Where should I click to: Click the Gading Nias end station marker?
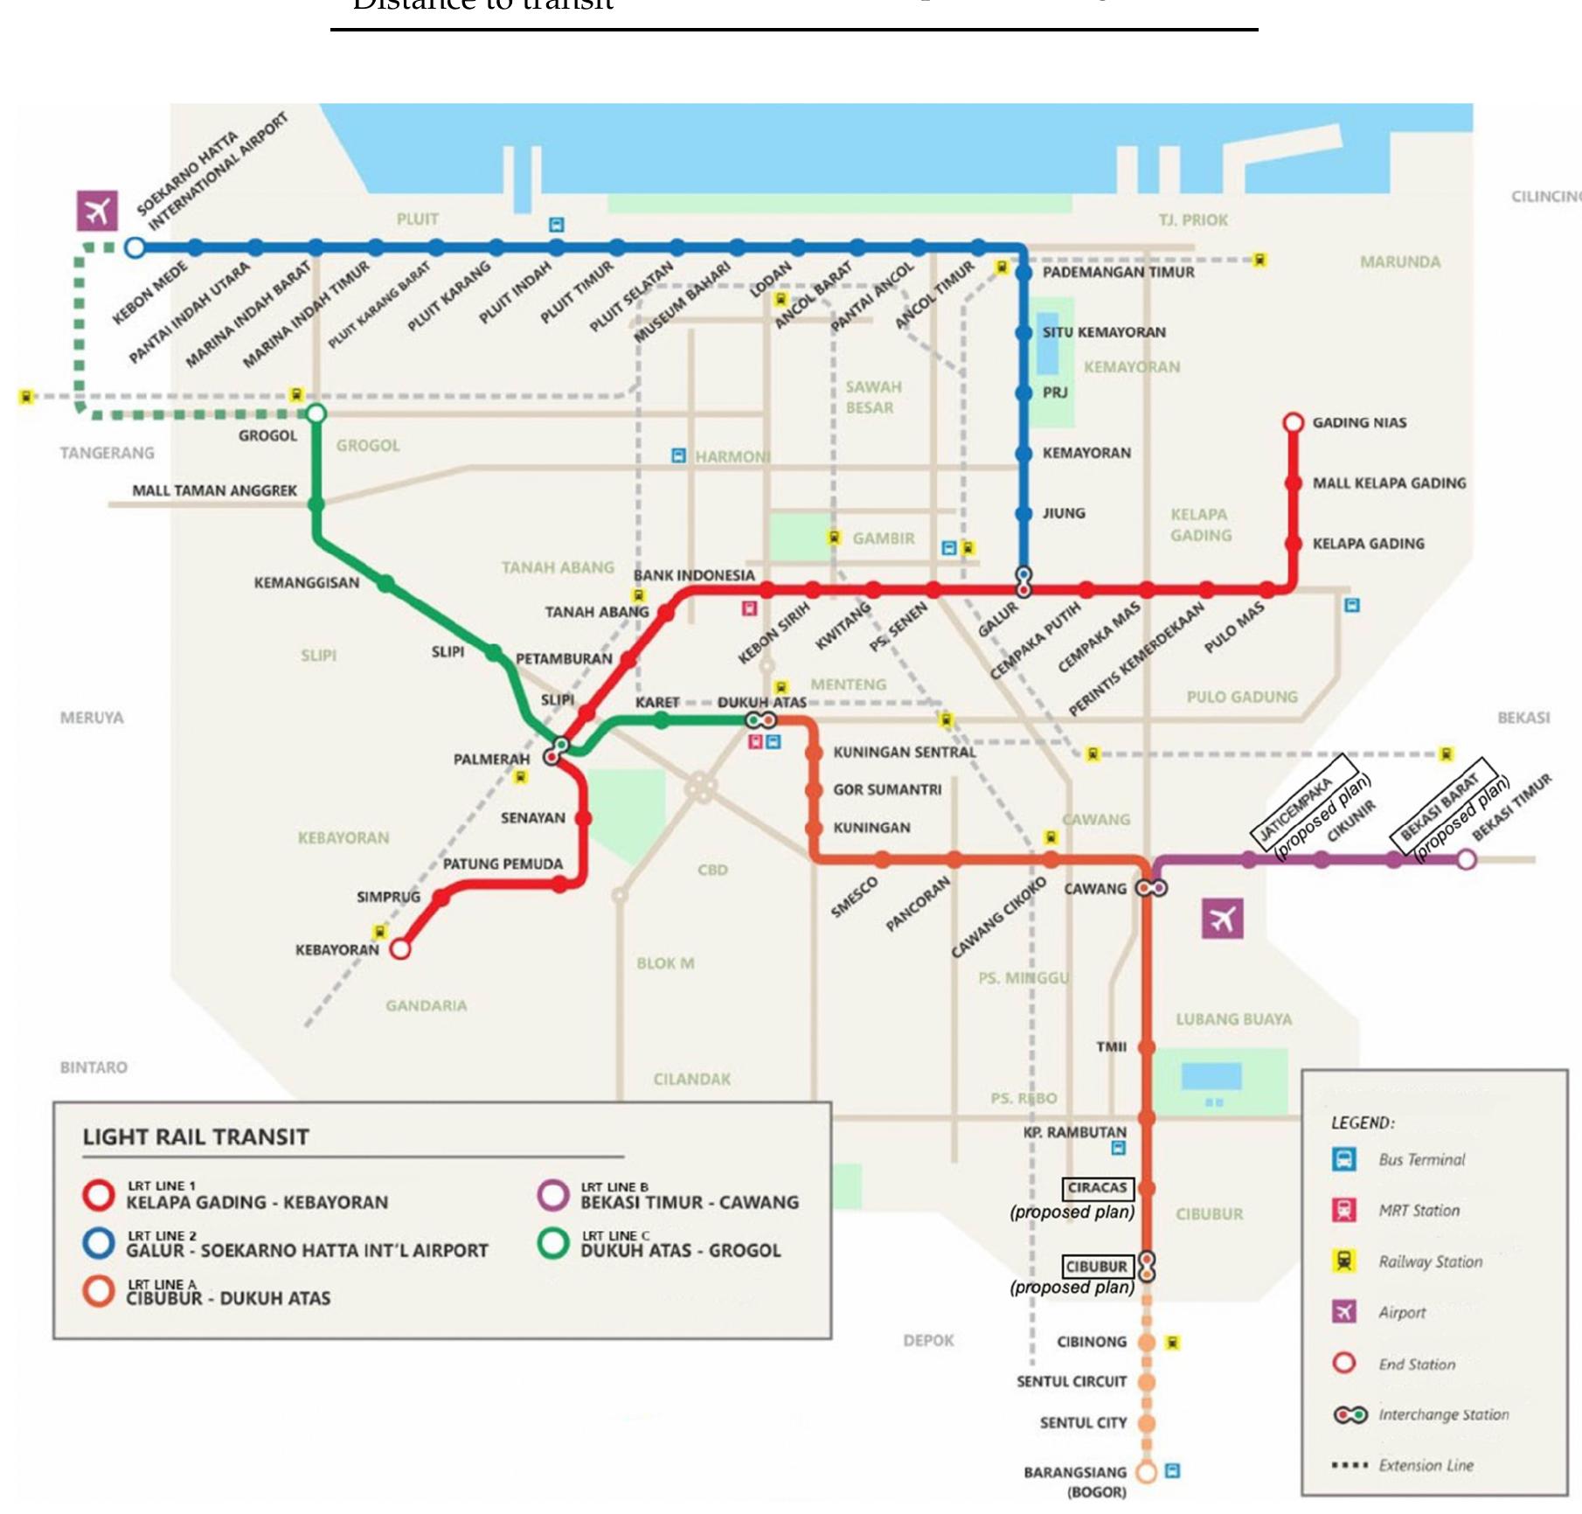pyautogui.click(x=1293, y=423)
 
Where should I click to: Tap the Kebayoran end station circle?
pyautogui.click(x=399, y=948)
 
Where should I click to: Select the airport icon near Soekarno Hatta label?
pyautogui.click(x=97, y=211)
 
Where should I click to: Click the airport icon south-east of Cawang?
pyautogui.click(x=1222, y=919)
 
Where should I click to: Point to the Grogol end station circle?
pyautogui.click(x=316, y=413)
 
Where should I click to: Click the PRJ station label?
pyautogui.click(x=1055, y=392)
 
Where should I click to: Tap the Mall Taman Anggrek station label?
pyautogui.click(x=214, y=490)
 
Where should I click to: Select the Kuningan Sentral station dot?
pyautogui.click(x=814, y=753)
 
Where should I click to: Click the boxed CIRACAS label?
pyautogui.click(x=1098, y=1188)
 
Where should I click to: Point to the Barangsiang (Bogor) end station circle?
pyautogui.click(x=1146, y=1471)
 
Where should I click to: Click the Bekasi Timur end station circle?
pyautogui.click(x=1467, y=860)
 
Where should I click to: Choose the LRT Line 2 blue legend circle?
pyautogui.click(x=99, y=1242)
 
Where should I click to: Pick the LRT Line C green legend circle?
pyautogui.click(x=553, y=1242)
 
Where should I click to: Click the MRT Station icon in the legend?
pyautogui.click(x=1343, y=1211)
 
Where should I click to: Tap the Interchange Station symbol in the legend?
pyautogui.click(x=1350, y=1414)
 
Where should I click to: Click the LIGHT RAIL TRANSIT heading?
pyautogui.click(x=196, y=1137)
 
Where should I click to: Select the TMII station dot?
pyautogui.click(x=1147, y=1046)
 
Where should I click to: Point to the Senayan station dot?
pyautogui.click(x=583, y=818)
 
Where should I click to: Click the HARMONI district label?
pyautogui.click(x=732, y=456)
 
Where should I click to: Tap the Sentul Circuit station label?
pyautogui.click(x=1072, y=1382)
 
